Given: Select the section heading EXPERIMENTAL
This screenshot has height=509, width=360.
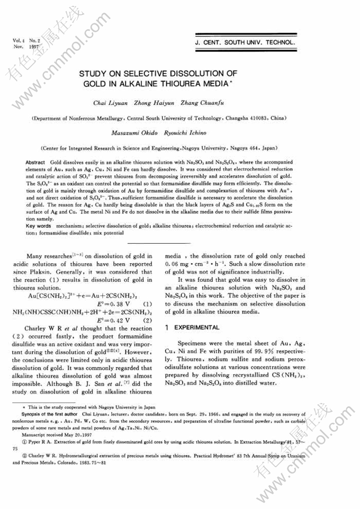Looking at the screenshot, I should point(197,328).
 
